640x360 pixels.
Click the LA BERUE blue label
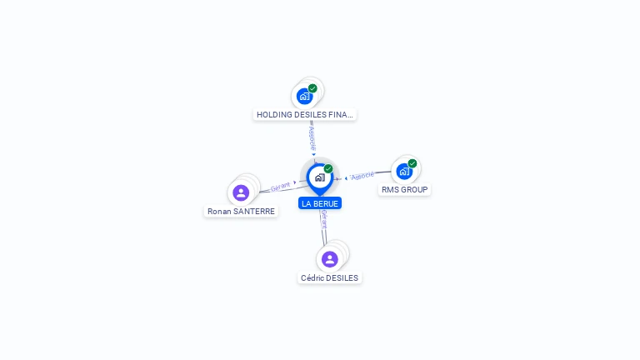pos(320,203)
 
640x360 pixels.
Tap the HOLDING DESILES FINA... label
pos(304,115)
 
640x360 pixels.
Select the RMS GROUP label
pos(404,190)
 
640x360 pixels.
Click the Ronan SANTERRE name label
pos(241,212)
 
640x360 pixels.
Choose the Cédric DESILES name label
pos(329,278)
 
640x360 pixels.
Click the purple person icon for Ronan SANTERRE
pos(241,192)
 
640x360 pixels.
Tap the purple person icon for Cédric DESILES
pos(330,259)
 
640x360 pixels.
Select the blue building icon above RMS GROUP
pos(404,172)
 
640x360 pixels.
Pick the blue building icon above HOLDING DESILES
pos(304,97)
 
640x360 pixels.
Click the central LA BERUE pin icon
pos(320,178)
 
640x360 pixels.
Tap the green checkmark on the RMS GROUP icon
pos(412,163)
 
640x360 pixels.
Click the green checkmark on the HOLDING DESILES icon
pos(312,88)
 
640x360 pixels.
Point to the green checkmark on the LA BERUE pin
pos(328,168)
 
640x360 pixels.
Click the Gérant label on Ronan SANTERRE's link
pos(280,187)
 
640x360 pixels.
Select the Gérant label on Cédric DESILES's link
pos(324,219)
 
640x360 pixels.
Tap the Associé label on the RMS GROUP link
pos(362,176)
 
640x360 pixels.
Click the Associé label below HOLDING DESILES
pos(312,138)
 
